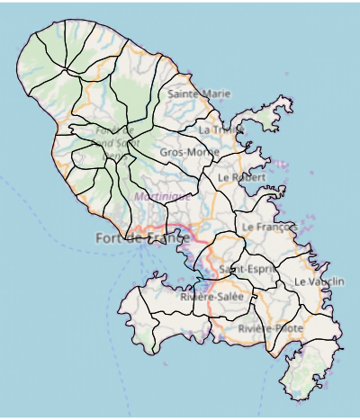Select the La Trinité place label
coord(220,130)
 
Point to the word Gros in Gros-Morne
coord(172,153)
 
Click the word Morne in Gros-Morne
coord(203,153)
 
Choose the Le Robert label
coord(241,178)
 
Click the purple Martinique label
coord(163,196)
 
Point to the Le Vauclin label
coord(319,281)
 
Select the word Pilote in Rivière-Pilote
coord(288,329)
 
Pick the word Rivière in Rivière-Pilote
coord(255,329)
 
